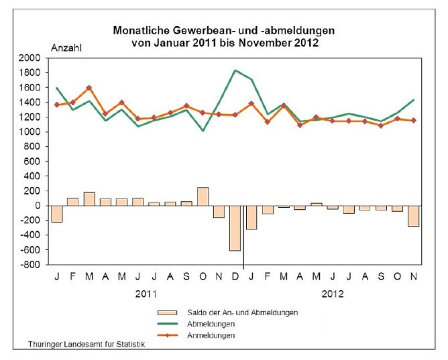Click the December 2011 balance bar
pyautogui.click(x=235, y=228)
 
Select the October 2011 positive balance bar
pyautogui.click(x=203, y=196)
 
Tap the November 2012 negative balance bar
pyautogui.click(x=414, y=216)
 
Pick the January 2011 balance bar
pyautogui.click(x=57, y=214)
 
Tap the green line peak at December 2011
pyautogui.click(x=235, y=70)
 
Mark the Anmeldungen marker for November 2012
pyautogui.click(x=414, y=121)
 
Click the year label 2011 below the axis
pyautogui.click(x=146, y=294)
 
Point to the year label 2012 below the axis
pyautogui.click(x=333, y=294)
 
